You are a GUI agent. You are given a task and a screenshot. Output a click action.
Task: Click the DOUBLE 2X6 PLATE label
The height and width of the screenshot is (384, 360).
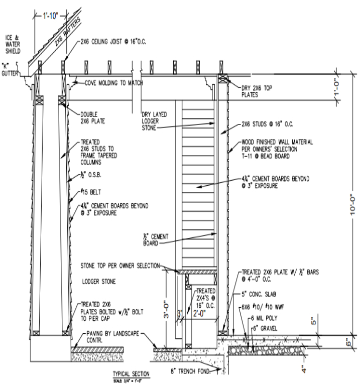[93, 117]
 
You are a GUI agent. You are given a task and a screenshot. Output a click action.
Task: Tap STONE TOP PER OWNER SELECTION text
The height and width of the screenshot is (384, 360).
[119, 265]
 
